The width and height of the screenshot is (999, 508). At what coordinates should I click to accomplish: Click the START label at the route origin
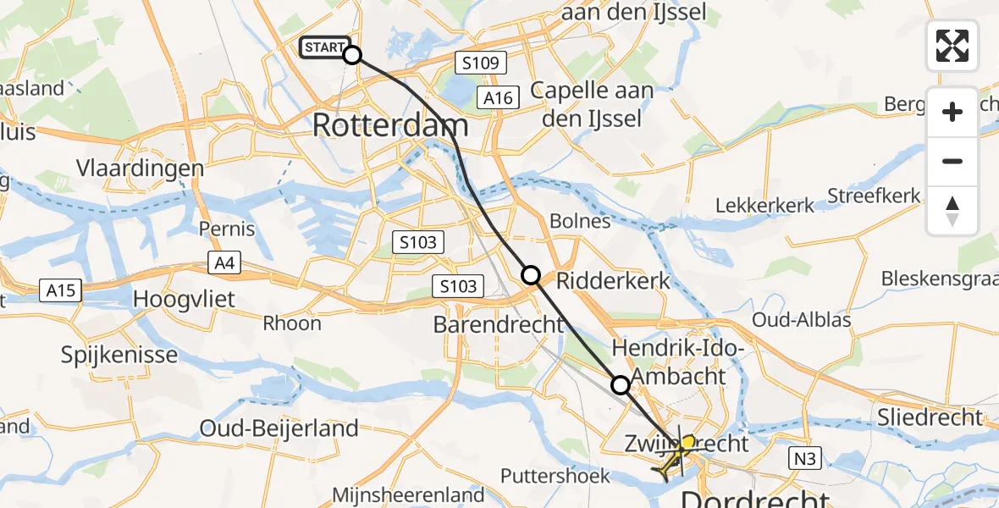point(323,48)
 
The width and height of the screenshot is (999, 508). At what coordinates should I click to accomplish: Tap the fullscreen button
point(952,45)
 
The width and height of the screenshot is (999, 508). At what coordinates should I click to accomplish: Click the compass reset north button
point(952,211)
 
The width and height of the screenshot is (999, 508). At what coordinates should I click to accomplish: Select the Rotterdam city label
point(390,126)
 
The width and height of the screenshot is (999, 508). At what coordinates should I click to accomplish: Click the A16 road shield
point(497,98)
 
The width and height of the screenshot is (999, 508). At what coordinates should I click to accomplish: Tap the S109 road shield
point(480,62)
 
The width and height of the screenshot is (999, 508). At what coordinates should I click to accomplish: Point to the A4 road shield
point(224,264)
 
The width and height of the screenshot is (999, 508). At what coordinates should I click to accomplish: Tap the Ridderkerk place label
point(614,280)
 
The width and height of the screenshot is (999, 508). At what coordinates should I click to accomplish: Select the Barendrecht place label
point(499,324)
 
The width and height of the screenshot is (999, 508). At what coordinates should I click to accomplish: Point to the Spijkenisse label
point(119,354)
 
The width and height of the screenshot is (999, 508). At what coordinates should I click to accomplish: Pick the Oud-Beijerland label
point(279,428)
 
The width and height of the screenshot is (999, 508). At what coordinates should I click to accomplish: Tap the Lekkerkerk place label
point(765,205)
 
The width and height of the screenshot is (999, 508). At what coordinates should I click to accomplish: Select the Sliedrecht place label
point(930,417)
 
